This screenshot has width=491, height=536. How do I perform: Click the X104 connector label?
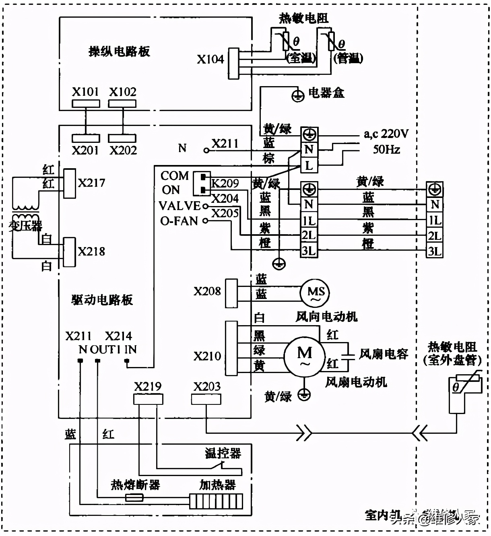click(x=210, y=60)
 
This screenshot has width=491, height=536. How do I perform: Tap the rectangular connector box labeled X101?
click(x=86, y=103)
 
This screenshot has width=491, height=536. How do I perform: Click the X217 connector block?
click(x=70, y=183)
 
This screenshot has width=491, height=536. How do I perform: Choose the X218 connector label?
click(x=91, y=252)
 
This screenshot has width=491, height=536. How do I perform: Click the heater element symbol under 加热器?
click(x=216, y=501)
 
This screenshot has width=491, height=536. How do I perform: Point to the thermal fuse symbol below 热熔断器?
click(x=134, y=498)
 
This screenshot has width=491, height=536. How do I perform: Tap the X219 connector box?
click(x=148, y=399)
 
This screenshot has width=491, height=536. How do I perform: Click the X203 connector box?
click(x=206, y=399)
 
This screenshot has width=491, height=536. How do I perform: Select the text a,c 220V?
click(x=386, y=134)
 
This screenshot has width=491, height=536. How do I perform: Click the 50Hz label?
click(x=386, y=150)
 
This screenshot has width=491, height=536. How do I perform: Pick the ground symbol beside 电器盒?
click(x=297, y=96)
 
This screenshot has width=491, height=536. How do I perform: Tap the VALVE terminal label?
click(x=179, y=206)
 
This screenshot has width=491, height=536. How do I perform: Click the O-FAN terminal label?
click(x=179, y=221)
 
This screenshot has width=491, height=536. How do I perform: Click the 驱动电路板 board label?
click(x=102, y=300)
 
